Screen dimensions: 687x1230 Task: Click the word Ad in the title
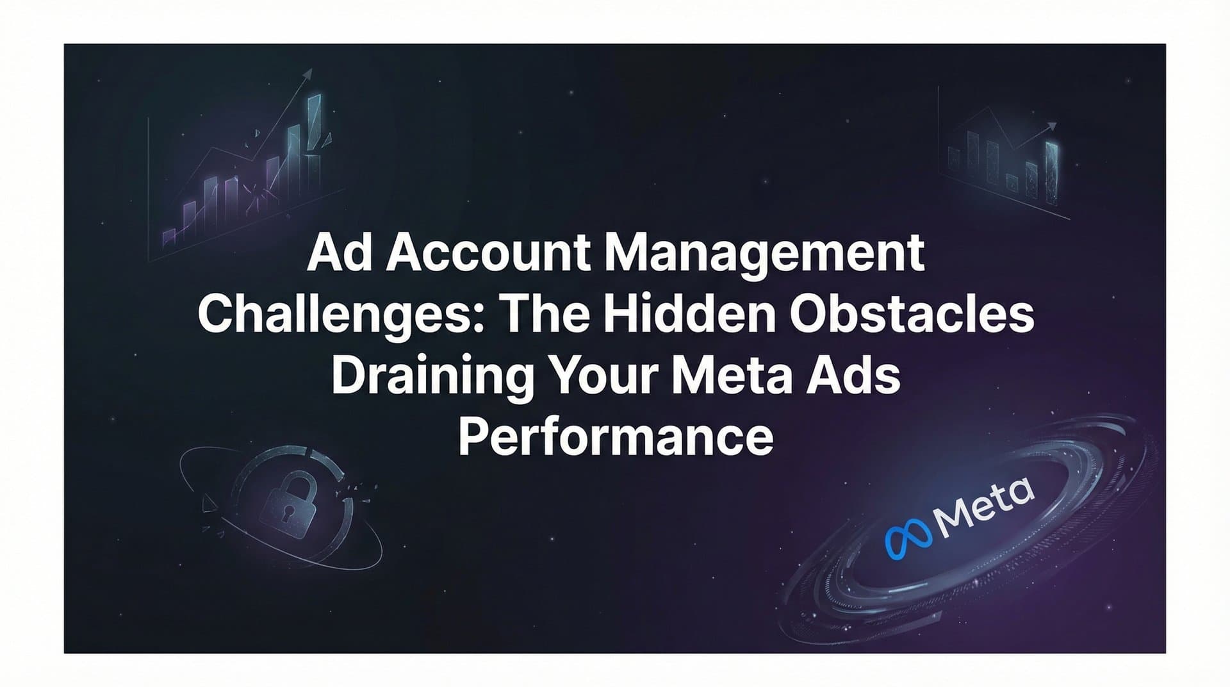[340, 254]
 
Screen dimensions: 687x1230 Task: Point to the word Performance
[616, 439]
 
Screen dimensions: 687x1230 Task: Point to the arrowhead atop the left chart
[309, 74]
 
